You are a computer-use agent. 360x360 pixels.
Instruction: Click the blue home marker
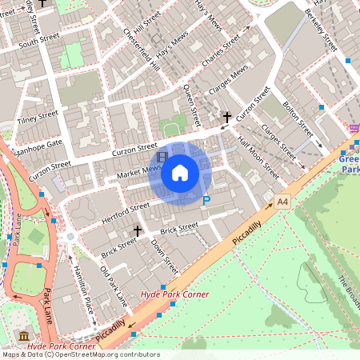180,173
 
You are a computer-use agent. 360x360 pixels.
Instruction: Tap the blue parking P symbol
206,202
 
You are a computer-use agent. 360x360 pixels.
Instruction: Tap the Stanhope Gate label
38,147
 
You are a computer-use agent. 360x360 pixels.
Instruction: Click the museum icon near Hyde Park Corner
23,334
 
